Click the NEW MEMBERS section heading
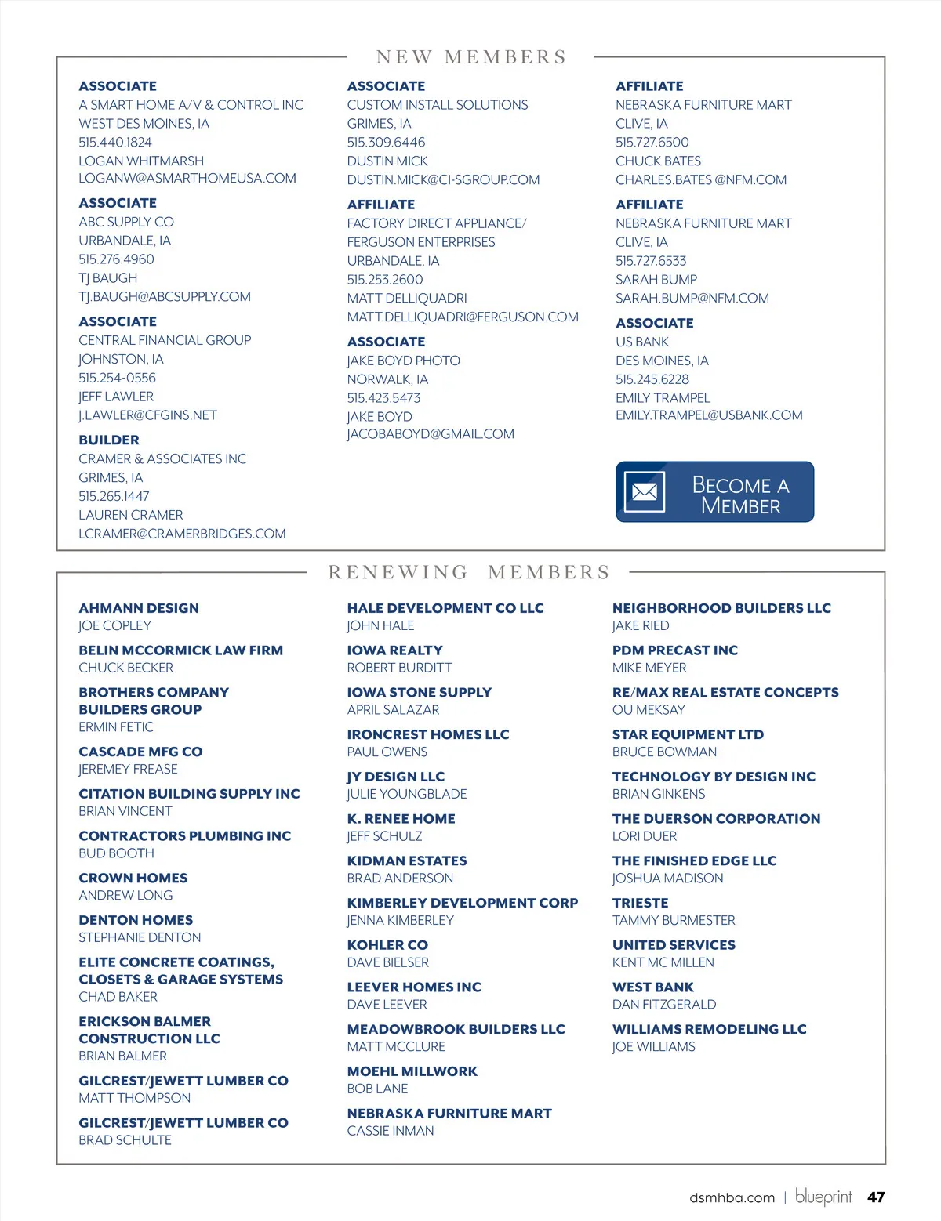click(470, 57)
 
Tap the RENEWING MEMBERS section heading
click(469, 572)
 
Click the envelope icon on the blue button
click(645, 492)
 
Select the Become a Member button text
click(740, 495)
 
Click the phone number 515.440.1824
click(115, 142)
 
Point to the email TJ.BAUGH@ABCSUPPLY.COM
click(165, 297)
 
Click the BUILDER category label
click(109, 440)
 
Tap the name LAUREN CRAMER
click(131, 515)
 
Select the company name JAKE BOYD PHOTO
click(404, 361)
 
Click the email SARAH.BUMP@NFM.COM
click(692, 298)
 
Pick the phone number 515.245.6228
click(652, 379)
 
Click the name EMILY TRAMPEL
click(663, 398)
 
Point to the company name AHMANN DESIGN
click(139, 608)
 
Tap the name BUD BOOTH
click(116, 853)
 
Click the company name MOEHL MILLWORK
click(412, 1071)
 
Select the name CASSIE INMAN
click(391, 1131)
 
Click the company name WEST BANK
click(653, 987)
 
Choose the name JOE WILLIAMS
click(654, 1046)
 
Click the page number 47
click(876, 1197)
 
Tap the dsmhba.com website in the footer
click(732, 1197)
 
